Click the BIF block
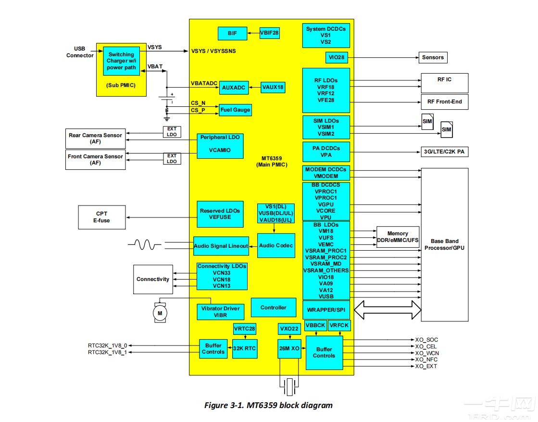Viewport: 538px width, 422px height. pos(232,33)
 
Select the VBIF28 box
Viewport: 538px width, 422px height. pos(269,33)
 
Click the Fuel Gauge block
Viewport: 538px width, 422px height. pos(235,110)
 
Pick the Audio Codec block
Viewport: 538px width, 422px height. pos(276,245)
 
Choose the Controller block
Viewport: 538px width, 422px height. pos(273,307)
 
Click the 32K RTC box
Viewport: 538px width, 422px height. pos(245,348)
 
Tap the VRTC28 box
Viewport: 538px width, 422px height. pos(244,330)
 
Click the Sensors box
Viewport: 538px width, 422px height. pos(433,57)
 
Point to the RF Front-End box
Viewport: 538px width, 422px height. pos(444,102)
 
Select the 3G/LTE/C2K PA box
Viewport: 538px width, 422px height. pos(444,152)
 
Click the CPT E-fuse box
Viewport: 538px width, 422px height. pos(101,217)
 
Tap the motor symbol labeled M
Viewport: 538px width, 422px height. pos(160,313)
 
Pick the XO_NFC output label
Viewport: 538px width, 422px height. pos(426,359)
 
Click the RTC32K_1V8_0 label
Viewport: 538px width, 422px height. pos(107,345)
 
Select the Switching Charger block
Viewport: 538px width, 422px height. pos(122,61)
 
